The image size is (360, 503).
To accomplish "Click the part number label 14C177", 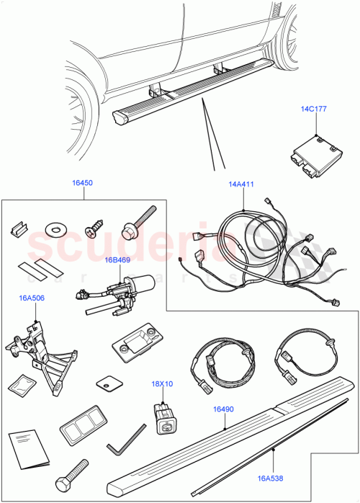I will [313, 110].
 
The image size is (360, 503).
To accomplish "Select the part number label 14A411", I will [241, 185].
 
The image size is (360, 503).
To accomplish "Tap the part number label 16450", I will [81, 184].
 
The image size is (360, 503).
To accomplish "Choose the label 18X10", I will [162, 385].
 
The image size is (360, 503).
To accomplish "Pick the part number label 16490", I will [222, 409].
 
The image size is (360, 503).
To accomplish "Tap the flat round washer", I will [53, 228].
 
